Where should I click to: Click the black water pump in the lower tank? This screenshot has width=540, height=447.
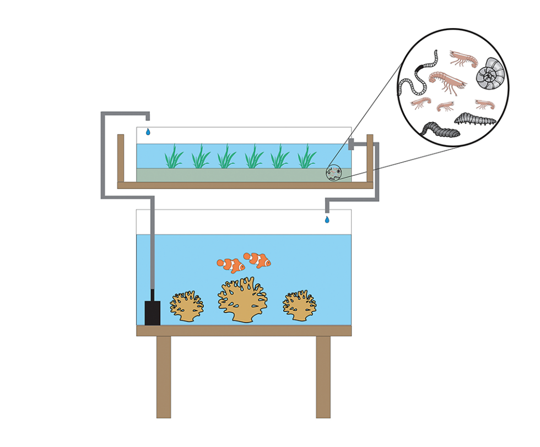[152, 313]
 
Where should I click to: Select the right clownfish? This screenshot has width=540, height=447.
[258, 260]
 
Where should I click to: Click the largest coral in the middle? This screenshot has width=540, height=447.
[242, 301]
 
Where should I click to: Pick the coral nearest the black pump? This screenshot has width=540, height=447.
[187, 306]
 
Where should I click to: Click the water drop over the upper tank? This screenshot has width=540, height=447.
[148, 132]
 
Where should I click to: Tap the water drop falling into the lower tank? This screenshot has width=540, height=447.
[327, 219]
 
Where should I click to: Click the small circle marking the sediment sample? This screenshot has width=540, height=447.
[333, 173]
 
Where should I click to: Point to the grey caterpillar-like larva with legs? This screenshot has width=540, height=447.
[475, 117]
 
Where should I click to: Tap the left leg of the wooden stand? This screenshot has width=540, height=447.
[164, 376]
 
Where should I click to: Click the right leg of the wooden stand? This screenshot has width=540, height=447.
[323, 376]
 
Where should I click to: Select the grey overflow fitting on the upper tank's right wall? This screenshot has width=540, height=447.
[351, 144]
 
